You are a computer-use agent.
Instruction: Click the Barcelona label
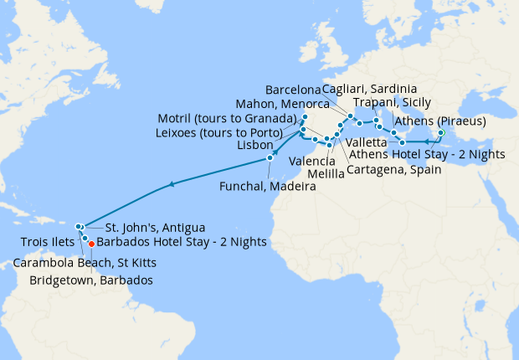[293, 90]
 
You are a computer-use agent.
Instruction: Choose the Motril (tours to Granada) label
[227, 118]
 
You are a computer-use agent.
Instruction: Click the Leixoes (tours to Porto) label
[224, 132]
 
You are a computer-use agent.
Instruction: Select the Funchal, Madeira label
[269, 187]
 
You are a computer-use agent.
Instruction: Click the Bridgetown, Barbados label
[91, 280]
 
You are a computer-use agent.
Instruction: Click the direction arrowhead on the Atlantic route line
[172, 184]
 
